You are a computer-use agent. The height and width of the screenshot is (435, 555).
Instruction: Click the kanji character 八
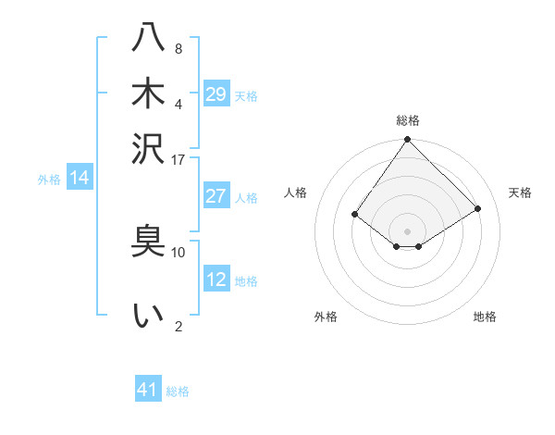tap(148, 39)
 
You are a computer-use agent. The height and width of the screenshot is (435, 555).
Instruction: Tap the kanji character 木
tap(148, 93)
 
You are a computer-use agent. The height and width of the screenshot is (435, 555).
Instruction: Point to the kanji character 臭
tap(148, 242)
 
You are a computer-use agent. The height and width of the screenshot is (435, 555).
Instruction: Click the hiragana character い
tap(148, 316)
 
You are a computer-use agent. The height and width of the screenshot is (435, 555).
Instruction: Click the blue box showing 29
tap(216, 94)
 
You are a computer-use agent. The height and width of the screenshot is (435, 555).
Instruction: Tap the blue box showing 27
tap(216, 196)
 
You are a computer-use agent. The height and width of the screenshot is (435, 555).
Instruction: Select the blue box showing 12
tap(216, 280)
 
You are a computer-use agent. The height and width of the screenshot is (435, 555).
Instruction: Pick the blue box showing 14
tap(79, 179)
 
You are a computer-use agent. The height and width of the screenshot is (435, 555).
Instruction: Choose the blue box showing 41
tap(148, 390)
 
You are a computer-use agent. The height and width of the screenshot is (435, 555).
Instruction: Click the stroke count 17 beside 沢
tap(178, 159)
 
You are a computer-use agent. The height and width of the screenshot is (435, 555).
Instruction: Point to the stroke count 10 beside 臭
tap(178, 252)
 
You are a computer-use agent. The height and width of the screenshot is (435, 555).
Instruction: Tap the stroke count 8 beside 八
tap(178, 48)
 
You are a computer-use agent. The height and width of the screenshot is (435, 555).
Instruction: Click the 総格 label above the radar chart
tap(408, 120)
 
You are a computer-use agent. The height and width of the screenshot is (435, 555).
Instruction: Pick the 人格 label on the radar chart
tap(295, 193)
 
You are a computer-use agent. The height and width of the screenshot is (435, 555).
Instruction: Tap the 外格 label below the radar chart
tap(326, 317)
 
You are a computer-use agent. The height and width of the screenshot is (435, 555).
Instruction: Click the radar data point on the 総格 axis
tap(408, 141)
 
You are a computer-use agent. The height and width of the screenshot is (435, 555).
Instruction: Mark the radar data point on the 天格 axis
tap(478, 208)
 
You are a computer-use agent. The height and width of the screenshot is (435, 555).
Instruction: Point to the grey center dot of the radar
tap(408, 230)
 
